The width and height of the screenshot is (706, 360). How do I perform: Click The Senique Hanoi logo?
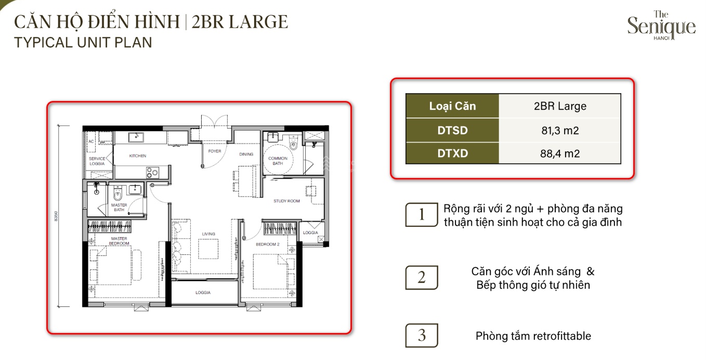(x=661, y=26)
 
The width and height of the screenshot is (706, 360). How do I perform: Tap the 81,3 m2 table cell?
(x=560, y=130)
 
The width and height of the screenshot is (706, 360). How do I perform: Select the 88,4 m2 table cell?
(x=560, y=153)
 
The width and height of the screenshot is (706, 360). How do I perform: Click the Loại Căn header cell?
(x=452, y=106)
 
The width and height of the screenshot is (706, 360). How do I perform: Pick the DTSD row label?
(x=452, y=130)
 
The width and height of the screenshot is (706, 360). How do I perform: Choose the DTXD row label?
(x=452, y=153)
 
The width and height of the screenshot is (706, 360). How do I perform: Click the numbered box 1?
(x=422, y=214)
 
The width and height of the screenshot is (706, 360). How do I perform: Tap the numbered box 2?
(x=422, y=277)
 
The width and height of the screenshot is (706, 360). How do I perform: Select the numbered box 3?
(x=422, y=336)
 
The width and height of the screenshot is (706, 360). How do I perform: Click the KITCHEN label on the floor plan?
(x=138, y=156)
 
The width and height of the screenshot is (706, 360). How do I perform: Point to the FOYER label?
(x=215, y=151)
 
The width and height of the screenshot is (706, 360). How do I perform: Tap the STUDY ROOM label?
(x=286, y=201)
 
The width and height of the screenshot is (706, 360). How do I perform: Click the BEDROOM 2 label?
(x=268, y=244)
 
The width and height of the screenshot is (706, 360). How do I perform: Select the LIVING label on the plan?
(x=208, y=234)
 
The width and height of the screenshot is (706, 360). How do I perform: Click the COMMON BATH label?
(x=278, y=161)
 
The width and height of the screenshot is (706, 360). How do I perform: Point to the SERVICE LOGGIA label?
(x=97, y=161)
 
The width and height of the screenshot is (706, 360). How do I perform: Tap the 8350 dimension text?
(x=56, y=216)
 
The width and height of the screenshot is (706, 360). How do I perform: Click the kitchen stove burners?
(x=152, y=173)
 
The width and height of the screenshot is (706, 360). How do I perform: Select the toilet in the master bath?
(x=117, y=194)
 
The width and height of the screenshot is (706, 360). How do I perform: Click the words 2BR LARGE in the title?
(x=240, y=22)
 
